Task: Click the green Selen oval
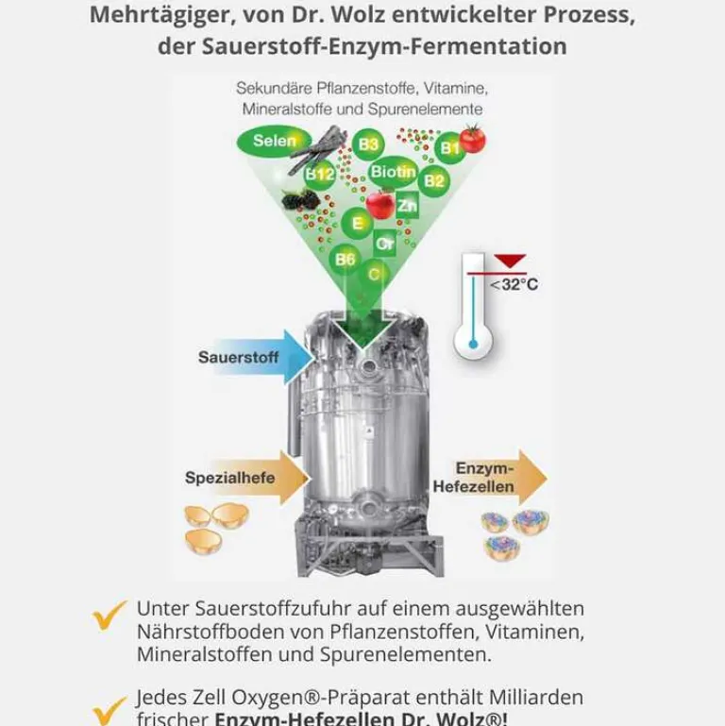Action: tap(274, 142)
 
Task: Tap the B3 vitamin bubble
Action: tap(368, 144)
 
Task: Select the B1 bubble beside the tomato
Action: tap(450, 148)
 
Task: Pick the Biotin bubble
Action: tap(393, 172)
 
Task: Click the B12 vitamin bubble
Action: tap(320, 175)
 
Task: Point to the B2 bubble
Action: tap(434, 180)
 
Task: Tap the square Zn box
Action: tap(407, 205)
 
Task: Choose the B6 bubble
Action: tap(346, 259)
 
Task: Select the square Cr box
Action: tap(384, 244)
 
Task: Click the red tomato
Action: tap(472, 139)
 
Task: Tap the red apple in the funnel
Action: tap(380, 203)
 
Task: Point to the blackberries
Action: tap(301, 199)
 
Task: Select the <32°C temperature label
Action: tap(514, 284)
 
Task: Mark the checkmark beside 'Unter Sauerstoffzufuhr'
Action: tap(110, 616)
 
